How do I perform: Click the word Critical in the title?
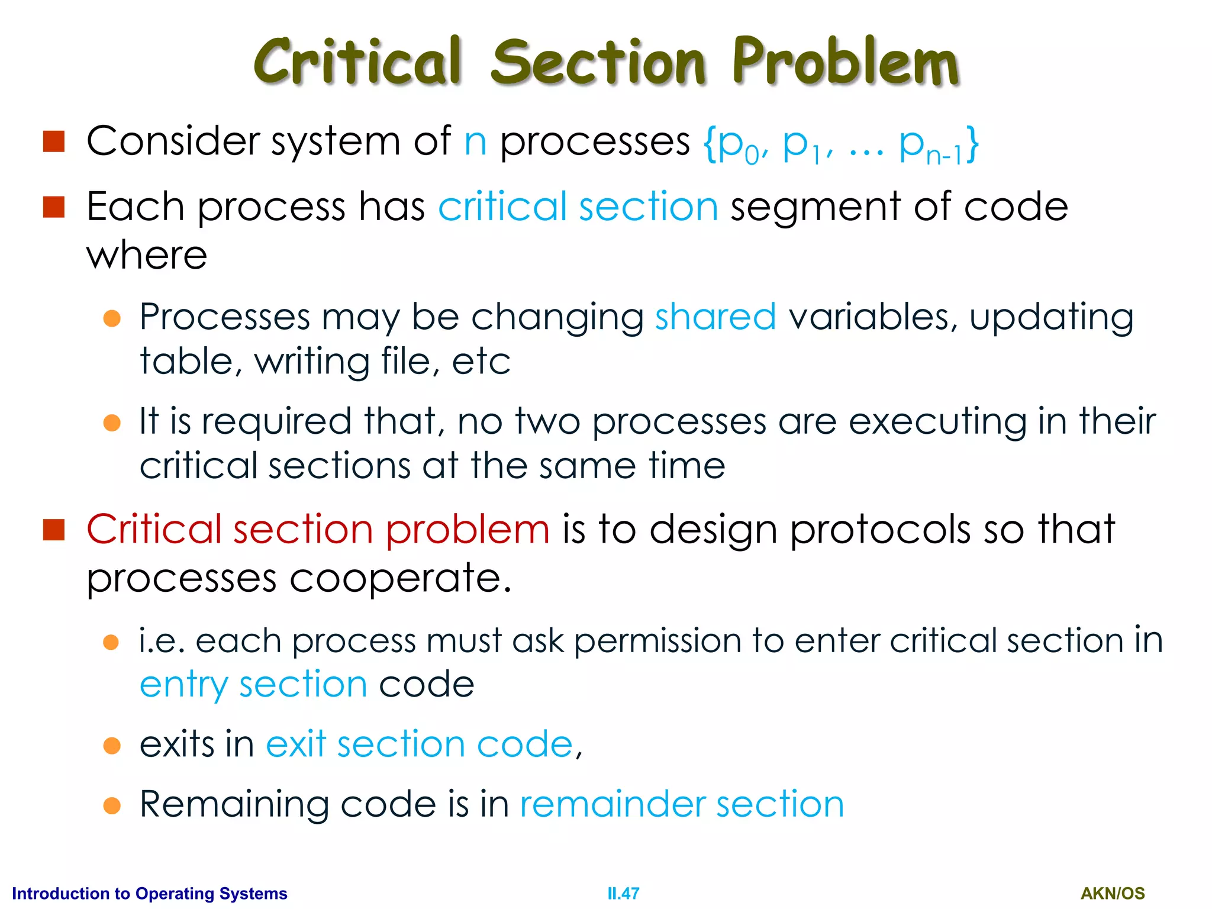coord(357,62)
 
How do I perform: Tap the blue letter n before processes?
coord(475,143)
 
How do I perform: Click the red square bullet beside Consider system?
coord(54,141)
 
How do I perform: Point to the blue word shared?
coord(715,317)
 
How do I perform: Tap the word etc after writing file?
coord(481,362)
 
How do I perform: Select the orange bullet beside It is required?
coord(112,423)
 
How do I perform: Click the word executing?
coord(937,423)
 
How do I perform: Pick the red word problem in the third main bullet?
coord(468,530)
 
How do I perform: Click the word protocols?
coord(881,530)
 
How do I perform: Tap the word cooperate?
coord(400,578)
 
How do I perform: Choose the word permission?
coord(657,641)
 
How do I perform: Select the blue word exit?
coord(296,744)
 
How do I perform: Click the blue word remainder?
coord(612,804)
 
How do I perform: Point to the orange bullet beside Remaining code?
coord(112,805)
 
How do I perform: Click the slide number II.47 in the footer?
coord(623,894)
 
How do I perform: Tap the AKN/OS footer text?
coord(1113,894)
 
